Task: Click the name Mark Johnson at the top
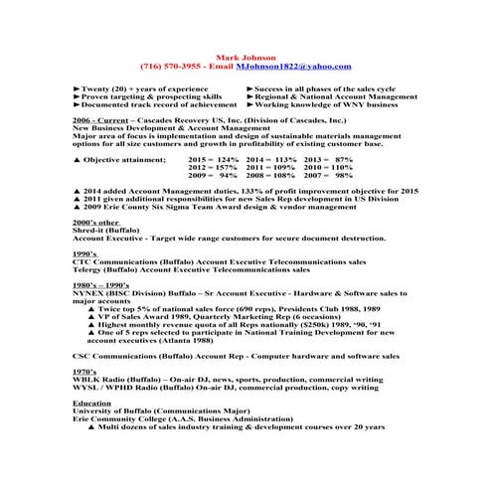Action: (246, 57)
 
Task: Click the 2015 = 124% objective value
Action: (213, 159)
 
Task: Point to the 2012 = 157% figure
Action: (213, 168)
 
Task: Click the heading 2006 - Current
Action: (100, 119)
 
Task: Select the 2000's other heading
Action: (96, 222)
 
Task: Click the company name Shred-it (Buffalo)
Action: (106, 230)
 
